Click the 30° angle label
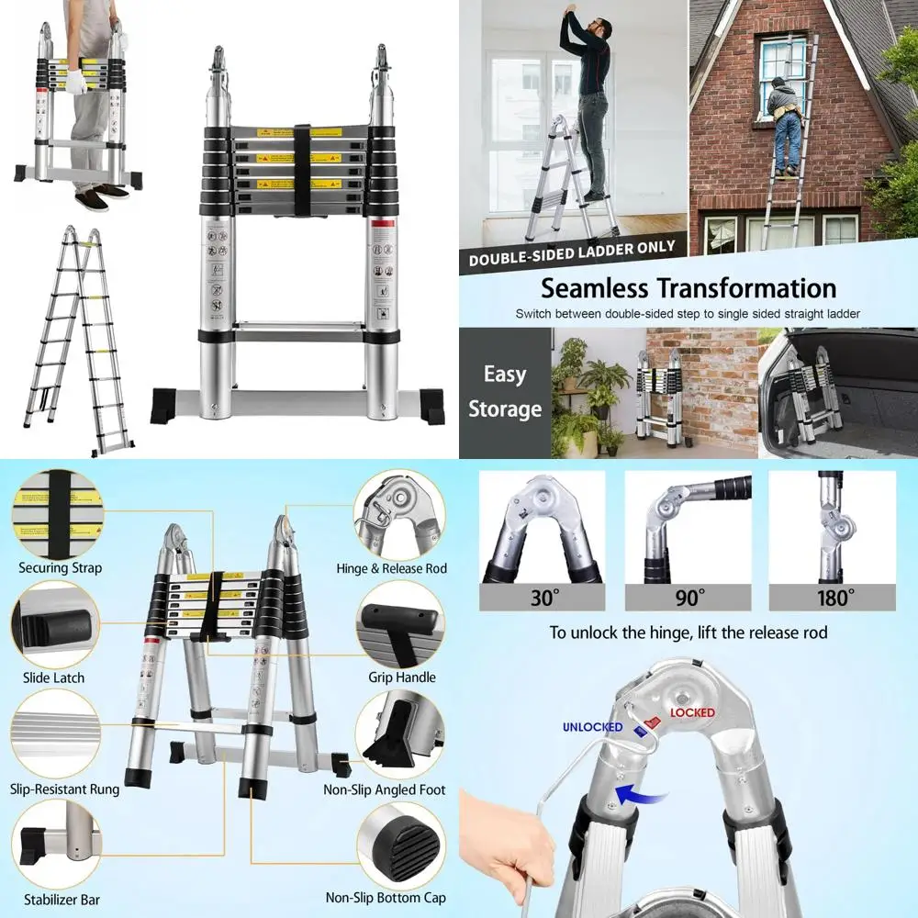pyautogui.click(x=543, y=598)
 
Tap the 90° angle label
pyautogui.click(x=688, y=598)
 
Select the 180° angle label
pyautogui.click(x=832, y=598)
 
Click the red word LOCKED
pyautogui.click(x=692, y=712)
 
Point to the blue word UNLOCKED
pyautogui.click(x=592, y=727)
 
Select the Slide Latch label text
pyautogui.click(x=53, y=677)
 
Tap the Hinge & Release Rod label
pyautogui.click(x=391, y=569)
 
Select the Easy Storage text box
pyautogui.click(x=504, y=392)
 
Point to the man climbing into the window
pyautogui.click(x=785, y=119)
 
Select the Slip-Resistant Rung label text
pyautogui.click(x=65, y=789)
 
